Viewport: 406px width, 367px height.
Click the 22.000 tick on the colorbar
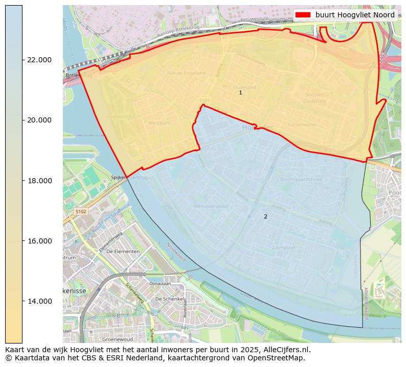tap(39, 60)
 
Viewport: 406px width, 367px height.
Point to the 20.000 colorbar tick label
tap(39, 120)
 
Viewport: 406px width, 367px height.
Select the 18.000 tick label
tap(39, 181)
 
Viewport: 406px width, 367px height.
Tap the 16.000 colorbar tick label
tap(39, 241)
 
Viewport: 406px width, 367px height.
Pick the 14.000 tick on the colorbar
tap(39, 301)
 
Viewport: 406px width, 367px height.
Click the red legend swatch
tap(303, 15)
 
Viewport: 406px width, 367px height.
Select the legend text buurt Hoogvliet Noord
tap(355, 15)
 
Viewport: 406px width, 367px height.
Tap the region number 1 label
tap(240, 93)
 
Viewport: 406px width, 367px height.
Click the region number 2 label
tap(265, 217)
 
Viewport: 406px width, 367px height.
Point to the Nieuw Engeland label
tap(186, 73)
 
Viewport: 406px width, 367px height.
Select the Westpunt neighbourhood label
tap(159, 123)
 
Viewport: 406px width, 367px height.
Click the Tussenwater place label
tap(302, 125)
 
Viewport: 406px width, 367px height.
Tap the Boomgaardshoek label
tap(301, 179)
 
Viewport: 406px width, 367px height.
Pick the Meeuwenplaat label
tap(211, 206)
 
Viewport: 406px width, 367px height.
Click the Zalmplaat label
tap(284, 247)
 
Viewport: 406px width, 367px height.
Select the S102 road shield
tap(81, 211)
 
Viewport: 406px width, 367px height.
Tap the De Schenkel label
tap(168, 299)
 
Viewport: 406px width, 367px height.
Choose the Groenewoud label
tap(118, 339)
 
